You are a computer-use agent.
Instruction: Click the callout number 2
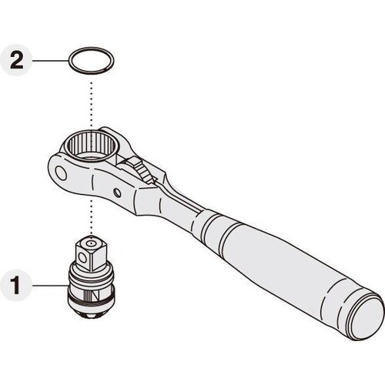click(x=17, y=61)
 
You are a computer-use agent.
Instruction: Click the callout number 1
click(x=16, y=285)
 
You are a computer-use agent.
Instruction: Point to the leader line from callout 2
click(x=50, y=61)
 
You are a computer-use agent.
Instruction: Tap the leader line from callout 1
click(x=50, y=285)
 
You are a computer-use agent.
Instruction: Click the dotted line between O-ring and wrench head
click(x=91, y=105)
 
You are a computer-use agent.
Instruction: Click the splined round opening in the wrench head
click(x=91, y=146)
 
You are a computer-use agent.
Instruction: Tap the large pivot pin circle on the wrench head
click(x=61, y=172)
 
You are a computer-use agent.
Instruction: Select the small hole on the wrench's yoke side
click(x=118, y=192)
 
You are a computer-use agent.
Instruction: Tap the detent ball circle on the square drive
click(x=82, y=257)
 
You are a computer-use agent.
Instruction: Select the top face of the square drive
click(x=92, y=243)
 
